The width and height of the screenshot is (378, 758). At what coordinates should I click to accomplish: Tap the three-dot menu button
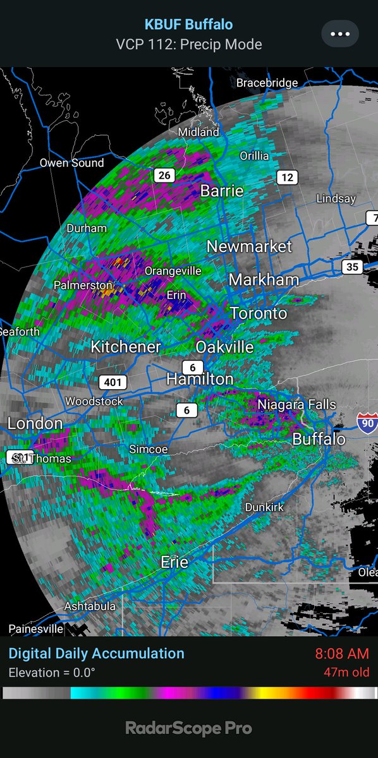pyautogui.click(x=340, y=34)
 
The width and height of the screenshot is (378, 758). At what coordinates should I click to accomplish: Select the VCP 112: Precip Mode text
pyautogui.click(x=189, y=44)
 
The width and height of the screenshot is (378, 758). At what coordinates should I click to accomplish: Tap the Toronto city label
pyautogui.click(x=258, y=313)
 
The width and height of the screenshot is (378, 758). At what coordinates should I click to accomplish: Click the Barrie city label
pyautogui.click(x=221, y=191)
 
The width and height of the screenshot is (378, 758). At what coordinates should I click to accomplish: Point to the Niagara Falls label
pyautogui.click(x=296, y=404)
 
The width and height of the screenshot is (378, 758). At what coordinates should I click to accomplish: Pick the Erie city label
pyautogui.click(x=174, y=562)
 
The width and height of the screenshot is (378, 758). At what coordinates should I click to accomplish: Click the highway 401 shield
pyautogui.click(x=113, y=382)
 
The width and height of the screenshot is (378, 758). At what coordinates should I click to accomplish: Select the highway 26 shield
pyautogui.click(x=164, y=175)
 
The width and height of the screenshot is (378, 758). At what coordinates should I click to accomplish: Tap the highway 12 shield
pyautogui.click(x=287, y=177)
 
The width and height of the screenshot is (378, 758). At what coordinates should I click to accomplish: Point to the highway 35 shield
pyautogui.click(x=352, y=267)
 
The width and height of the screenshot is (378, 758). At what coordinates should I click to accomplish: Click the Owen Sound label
pyautogui.click(x=71, y=163)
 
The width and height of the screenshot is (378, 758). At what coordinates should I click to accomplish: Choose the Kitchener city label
pyautogui.click(x=125, y=347)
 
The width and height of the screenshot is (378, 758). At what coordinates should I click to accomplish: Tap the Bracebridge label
pyautogui.click(x=267, y=83)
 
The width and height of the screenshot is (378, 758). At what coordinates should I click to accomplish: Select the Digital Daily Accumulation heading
pyautogui.click(x=96, y=654)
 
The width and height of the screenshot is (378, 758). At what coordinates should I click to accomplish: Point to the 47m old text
pyautogui.click(x=344, y=673)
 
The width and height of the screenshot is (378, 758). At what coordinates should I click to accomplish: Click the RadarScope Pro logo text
pyautogui.click(x=189, y=728)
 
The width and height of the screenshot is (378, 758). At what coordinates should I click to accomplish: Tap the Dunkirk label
pyautogui.click(x=264, y=507)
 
